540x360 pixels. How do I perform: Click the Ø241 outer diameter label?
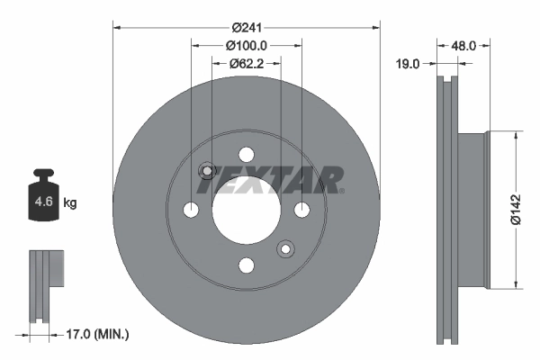tap(246, 26)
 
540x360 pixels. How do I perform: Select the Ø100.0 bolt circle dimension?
tap(246, 45)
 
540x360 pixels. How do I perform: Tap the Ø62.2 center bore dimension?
tap(246, 63)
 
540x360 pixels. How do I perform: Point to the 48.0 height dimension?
tap(463, 43)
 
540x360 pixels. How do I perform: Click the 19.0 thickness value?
tap(409, 63)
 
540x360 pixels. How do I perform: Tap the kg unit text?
tap(70, 203)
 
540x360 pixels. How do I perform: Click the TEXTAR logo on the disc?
tap(270, 180)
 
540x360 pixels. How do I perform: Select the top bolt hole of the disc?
tap(246, 154)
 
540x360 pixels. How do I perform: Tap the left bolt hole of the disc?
tap(191, 210)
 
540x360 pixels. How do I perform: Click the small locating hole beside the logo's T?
tap(206, 171)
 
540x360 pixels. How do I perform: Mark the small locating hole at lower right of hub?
tap(285, 247)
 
